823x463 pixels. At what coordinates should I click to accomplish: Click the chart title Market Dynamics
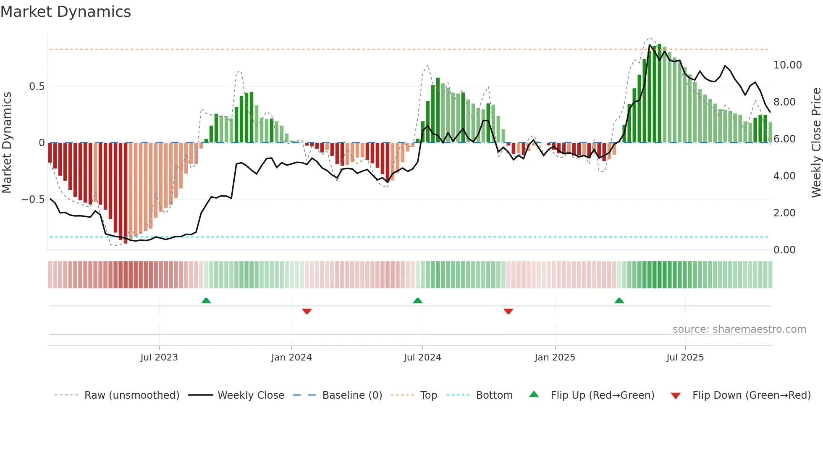[66, 12]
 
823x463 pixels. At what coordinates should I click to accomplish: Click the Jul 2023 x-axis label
[159, 358]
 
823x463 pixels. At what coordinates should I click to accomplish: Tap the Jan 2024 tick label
[291, 358]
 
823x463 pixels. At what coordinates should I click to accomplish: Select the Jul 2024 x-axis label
[422, 358]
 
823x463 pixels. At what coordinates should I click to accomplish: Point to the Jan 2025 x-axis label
[555, 358]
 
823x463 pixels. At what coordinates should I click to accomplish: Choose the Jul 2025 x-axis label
[685, 358]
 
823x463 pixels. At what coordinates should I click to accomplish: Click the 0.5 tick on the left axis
[37, 87]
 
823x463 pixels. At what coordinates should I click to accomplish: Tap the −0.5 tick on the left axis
[33, 200]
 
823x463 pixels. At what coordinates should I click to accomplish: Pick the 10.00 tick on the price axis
[787, 65]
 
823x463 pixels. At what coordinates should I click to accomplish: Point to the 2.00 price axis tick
[784, 213]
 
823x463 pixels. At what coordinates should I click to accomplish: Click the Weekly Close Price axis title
[816, 142]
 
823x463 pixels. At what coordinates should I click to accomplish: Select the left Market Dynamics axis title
[7, 142]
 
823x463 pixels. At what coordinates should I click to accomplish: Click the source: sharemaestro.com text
[739, 329]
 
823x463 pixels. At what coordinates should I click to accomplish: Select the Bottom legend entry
[494, 395]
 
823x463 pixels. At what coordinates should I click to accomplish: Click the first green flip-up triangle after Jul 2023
[206, 301]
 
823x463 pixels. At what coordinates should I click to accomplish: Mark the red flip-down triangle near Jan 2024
[307, 311]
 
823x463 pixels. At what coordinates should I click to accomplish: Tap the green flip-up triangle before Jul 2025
[619, 301]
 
